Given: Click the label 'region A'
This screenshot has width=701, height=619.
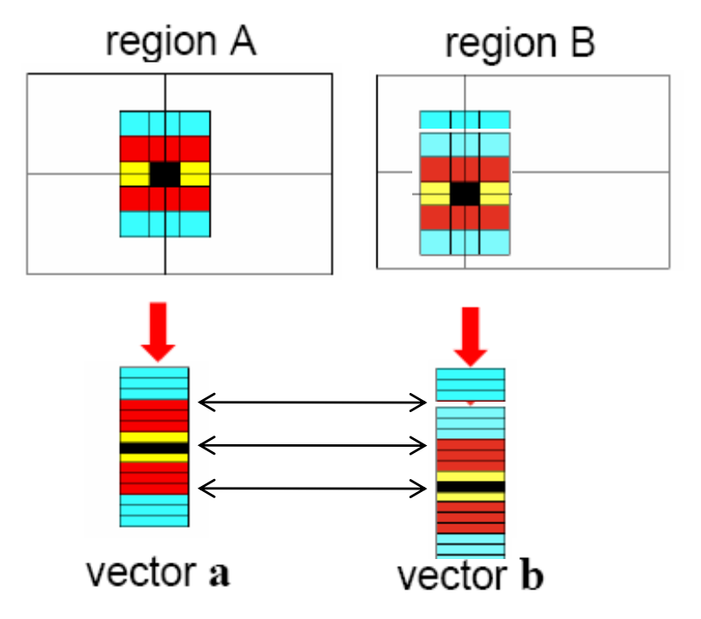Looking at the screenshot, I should tap(181, 41).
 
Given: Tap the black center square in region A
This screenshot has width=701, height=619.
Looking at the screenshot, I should tap(164, 174).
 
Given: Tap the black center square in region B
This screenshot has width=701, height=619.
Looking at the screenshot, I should tap(465, 193).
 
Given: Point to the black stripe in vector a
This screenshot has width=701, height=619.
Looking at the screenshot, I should tap(154, 448).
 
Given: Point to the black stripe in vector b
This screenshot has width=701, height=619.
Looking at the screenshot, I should tap(471, 487).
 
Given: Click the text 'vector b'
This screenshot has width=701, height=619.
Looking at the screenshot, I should tap(470, 576).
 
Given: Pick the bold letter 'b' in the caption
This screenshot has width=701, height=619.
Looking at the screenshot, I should tap(530, 576).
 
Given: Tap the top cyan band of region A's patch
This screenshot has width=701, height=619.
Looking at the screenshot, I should tap(164, 123).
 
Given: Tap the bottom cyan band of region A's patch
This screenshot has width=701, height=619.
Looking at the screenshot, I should tap(164, 224).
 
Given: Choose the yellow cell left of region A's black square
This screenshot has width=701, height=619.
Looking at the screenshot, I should tap(135, 174).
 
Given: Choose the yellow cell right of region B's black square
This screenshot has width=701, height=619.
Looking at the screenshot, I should tap(495, 193).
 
